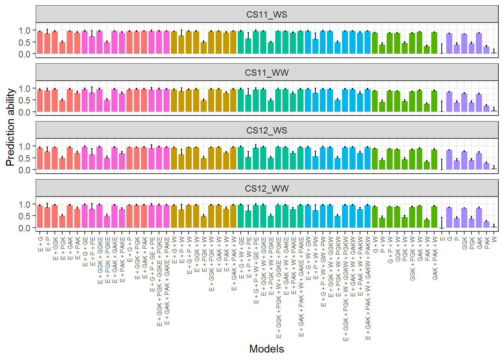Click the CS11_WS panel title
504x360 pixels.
pyautogui.click(x=267, y=15)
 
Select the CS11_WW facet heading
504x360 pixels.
pyautogui.click(x=267, y=72)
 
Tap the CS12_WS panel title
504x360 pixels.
pyautogui.click(x=267, y=130)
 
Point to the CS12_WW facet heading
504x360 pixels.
pyautogui.click(x=267, y=188)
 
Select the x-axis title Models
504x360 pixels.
pyautogui.click(x=267, y=349)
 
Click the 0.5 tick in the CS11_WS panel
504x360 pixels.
pyautogui.click(x=25, y=42)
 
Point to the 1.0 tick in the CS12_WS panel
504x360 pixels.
pyautogui.click(x=25, y=147)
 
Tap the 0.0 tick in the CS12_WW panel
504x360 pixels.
pyautogui.click(x=25, y=228)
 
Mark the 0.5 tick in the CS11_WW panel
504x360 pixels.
pyautogui.click(x=25, y=100)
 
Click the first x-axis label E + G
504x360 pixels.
pyautogui.click(x=40, y=244)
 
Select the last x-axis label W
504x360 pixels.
pyautogui.click(x=494, y=239)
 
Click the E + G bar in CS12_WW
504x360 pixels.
pyautogui.click(x=40, y=217)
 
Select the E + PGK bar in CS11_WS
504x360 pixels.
pyautogui.click(x=62, y=48)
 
